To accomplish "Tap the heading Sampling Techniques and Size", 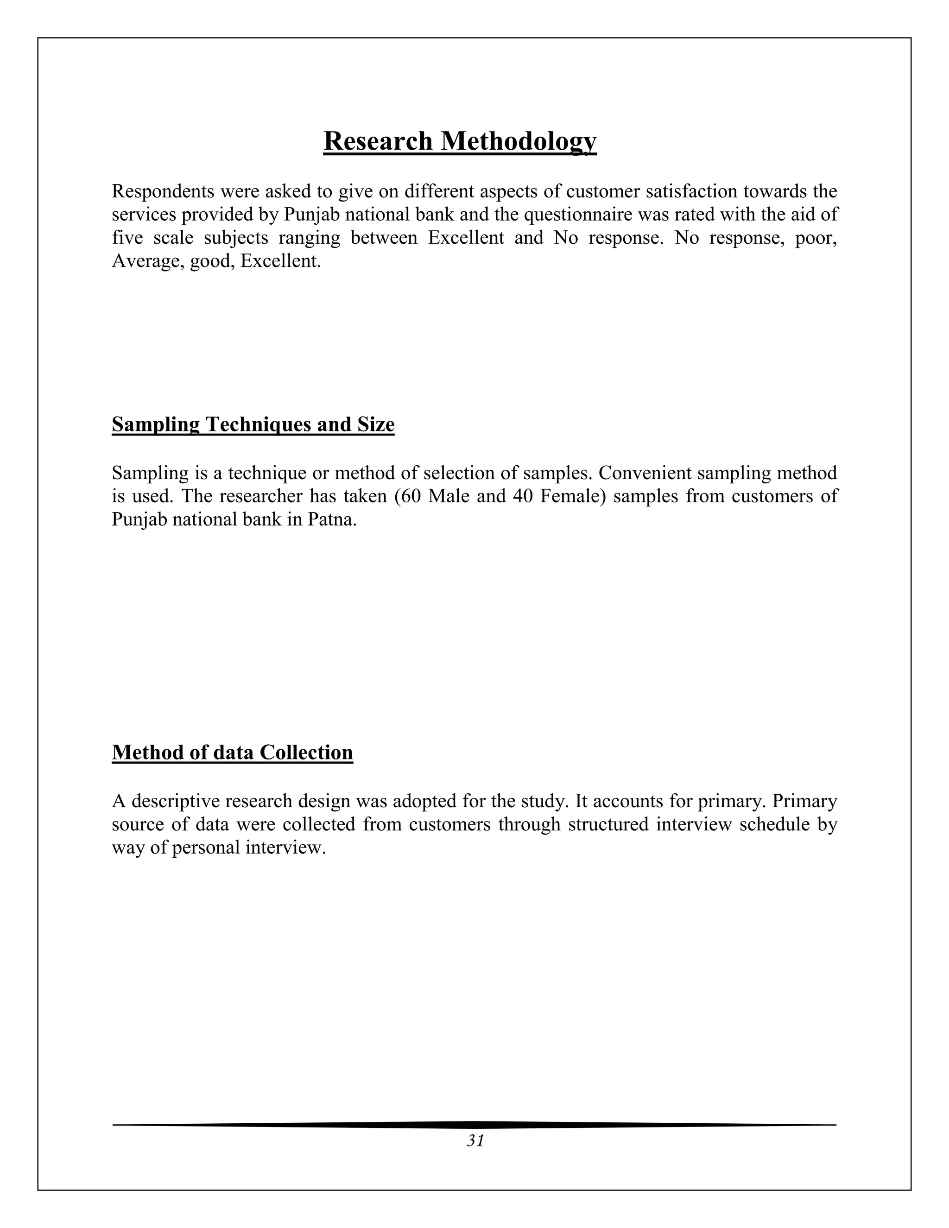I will click(x=253, y=424).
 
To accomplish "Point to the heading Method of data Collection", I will click(x=232, y=752).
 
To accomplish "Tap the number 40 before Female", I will click(x=522, y=496).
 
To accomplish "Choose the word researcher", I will click(x=259, y=496).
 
